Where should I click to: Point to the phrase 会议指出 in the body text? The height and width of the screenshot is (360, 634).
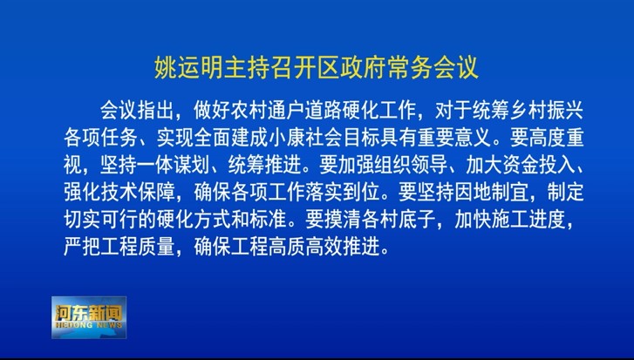tap(137, 110)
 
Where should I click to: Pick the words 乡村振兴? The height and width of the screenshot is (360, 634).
tap(546, 110)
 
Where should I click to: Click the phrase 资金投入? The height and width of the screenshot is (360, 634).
tap(538, 165)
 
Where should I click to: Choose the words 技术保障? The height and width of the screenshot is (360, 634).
tap(139, 192)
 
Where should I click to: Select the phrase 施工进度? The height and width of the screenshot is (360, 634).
tap(528, 219)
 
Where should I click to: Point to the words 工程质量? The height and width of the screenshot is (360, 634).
tap(139, 246)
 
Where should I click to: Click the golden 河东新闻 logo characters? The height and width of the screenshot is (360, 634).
tap(89, 313)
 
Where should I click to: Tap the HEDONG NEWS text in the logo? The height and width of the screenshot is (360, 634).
tap(89, 325)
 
